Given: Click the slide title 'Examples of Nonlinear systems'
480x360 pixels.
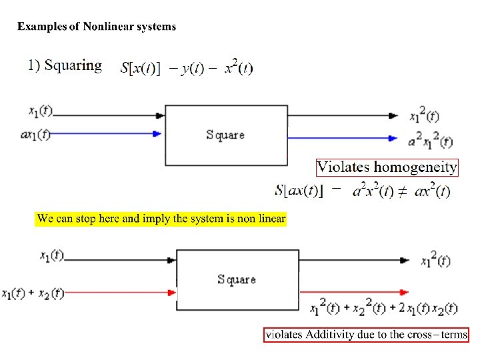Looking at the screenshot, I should pyautogui.click(x=97, y=27).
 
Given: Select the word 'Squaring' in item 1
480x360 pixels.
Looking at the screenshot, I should pyautogui.click(x=73, y=65).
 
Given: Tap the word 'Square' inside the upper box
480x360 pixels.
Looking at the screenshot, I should pyautogui.click(x=225, y=135).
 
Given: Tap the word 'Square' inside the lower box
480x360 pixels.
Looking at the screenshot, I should pyautogui.click(x=237, y=279).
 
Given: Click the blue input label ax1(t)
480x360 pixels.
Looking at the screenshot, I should pyautogui.click(x=35, y=134).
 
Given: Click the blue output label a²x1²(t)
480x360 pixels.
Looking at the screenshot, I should pyautogui.click(x=431, y=141).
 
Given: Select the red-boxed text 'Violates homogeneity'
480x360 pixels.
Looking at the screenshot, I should pyautogui.click(x=387, y=167).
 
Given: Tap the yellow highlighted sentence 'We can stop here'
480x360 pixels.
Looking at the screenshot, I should pyautogui.click(x=161, y=219).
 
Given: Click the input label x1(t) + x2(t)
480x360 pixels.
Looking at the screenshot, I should pyautogui.click(x=33, y=293).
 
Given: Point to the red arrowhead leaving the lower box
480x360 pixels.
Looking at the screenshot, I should pyautogui.click(x=404, y=292).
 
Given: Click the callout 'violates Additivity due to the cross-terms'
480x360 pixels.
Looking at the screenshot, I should pyautogui.click(x=366, y=335).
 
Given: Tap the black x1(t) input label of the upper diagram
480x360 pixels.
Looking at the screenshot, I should pyautogui.click(x=39, y=111).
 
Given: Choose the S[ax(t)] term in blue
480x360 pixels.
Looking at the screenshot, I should pyautogui.click(x=299, y=191).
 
